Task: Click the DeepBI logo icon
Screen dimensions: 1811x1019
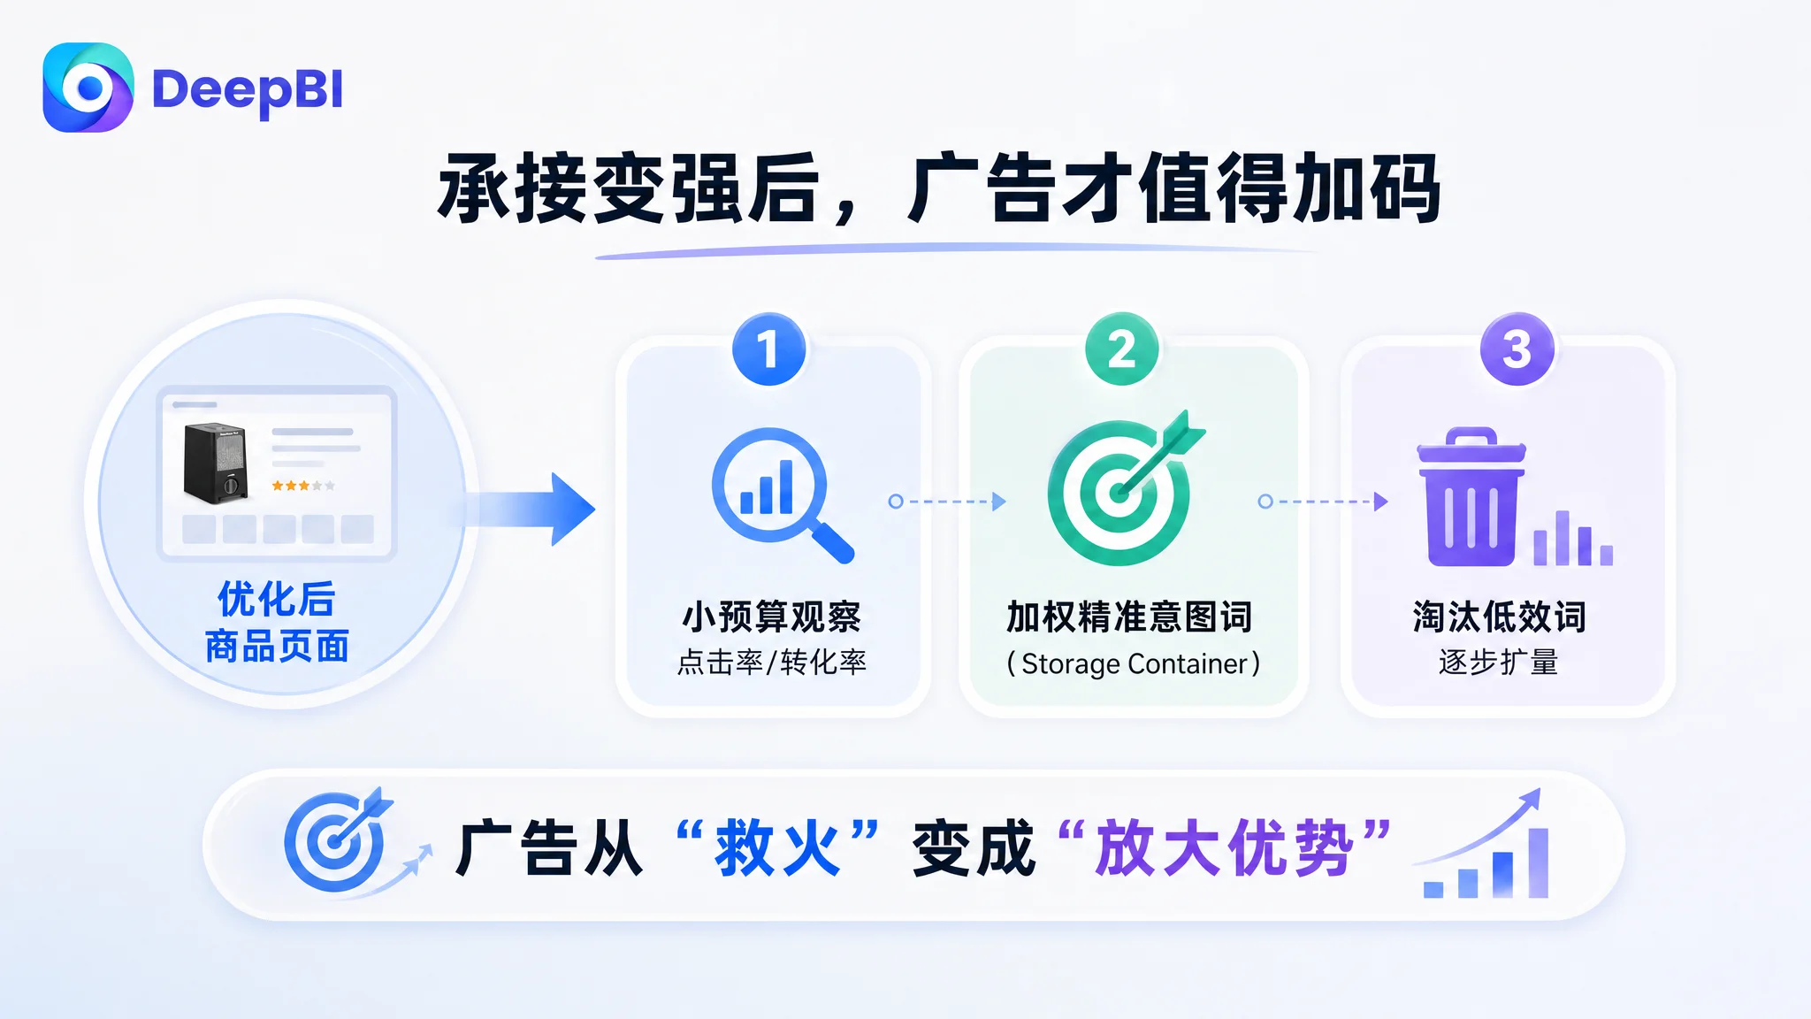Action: coord(88,88)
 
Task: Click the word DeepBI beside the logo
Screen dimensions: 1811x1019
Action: coord(248,90)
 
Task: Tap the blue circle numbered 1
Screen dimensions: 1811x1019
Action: coord(769,349)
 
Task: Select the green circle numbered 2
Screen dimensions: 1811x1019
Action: coord(1122,349)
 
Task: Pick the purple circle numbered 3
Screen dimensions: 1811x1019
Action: coord(1517,349)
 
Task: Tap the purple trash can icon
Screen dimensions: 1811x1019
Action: coord(1471,497)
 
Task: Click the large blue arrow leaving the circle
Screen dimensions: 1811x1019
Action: coord(531,509)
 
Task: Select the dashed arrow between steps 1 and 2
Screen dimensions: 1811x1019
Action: coord(947,502)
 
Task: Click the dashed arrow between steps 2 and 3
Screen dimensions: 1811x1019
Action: coord(1323,502)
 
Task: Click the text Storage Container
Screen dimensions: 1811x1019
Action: coord(1135,663)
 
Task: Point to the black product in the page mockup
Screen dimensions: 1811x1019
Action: coord(215,462)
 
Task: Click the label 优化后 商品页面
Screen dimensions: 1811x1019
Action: coord(277,622)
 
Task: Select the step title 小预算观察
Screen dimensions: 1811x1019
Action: coord(771,617)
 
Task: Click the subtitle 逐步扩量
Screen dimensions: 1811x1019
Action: coord(1499,662)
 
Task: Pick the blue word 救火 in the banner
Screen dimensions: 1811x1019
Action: coord(777,848)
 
